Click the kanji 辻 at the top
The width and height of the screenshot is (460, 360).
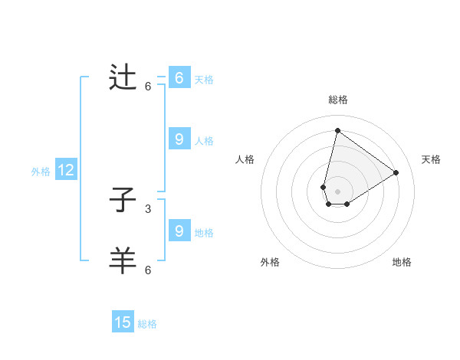[x=123, y=78]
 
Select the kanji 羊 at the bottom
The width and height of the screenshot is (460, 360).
[x=123, y=261]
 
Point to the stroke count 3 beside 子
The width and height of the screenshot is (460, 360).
[x=148, y=208]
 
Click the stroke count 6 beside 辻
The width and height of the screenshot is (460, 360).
[x=148, y=86]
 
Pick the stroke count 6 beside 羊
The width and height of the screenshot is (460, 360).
[x=148, y=270]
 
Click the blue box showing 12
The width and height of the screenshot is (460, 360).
[x=66, y=171]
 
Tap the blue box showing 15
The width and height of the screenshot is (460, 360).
[x=123, y=322]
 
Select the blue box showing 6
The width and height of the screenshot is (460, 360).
[x=179, y=78]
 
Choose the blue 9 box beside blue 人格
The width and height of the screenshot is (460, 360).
[x=179, y=139]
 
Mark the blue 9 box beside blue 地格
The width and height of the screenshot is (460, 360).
[x=179, y=231]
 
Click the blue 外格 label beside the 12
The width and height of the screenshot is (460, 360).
[x=41, y=172]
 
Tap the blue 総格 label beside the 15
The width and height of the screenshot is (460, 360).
[x=147, y=324]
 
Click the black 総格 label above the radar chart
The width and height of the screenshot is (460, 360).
[x=338, y=100]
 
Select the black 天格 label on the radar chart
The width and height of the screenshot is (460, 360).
[x=431, y=159]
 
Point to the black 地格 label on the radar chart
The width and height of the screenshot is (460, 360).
[x=402, y=262]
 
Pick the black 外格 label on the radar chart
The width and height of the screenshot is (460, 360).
[x=270, y=262]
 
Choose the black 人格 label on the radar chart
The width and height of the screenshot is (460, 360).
[x=245, y=159]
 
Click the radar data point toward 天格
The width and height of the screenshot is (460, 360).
[x=396, y=172]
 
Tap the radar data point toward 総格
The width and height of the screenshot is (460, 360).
[x=337, y=130]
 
